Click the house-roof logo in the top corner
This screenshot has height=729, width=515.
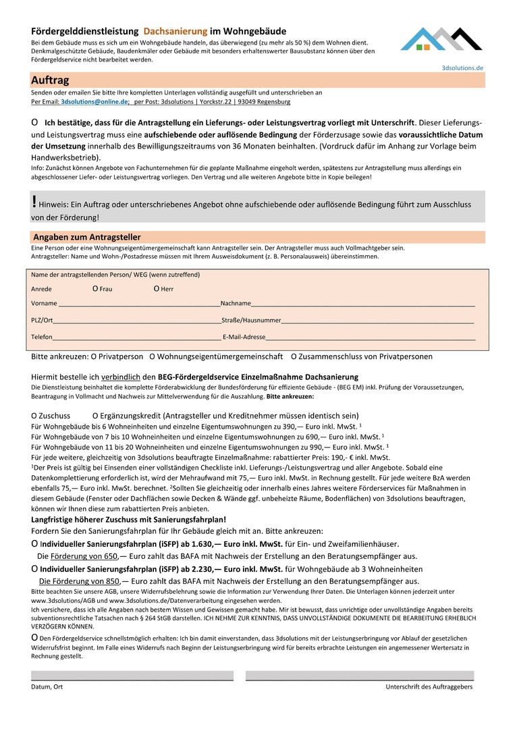coord(441,40)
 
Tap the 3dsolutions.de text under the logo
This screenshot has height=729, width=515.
coord(462,68)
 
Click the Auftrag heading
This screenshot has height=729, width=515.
coord(50,80)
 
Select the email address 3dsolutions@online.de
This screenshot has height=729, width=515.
coord(94,102)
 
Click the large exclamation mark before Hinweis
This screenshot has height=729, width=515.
coord(34,201)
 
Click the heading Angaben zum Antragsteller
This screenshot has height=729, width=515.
coord(86,238)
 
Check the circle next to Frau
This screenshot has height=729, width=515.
coord(95,289)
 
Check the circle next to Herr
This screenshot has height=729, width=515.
coord(157,289)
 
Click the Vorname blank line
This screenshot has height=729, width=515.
coord(139,305)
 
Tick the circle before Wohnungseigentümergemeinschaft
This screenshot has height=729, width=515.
coord(153,356)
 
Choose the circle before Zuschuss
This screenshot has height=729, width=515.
coord(34,416)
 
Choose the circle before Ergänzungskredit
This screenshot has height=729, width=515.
coord(95,416)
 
